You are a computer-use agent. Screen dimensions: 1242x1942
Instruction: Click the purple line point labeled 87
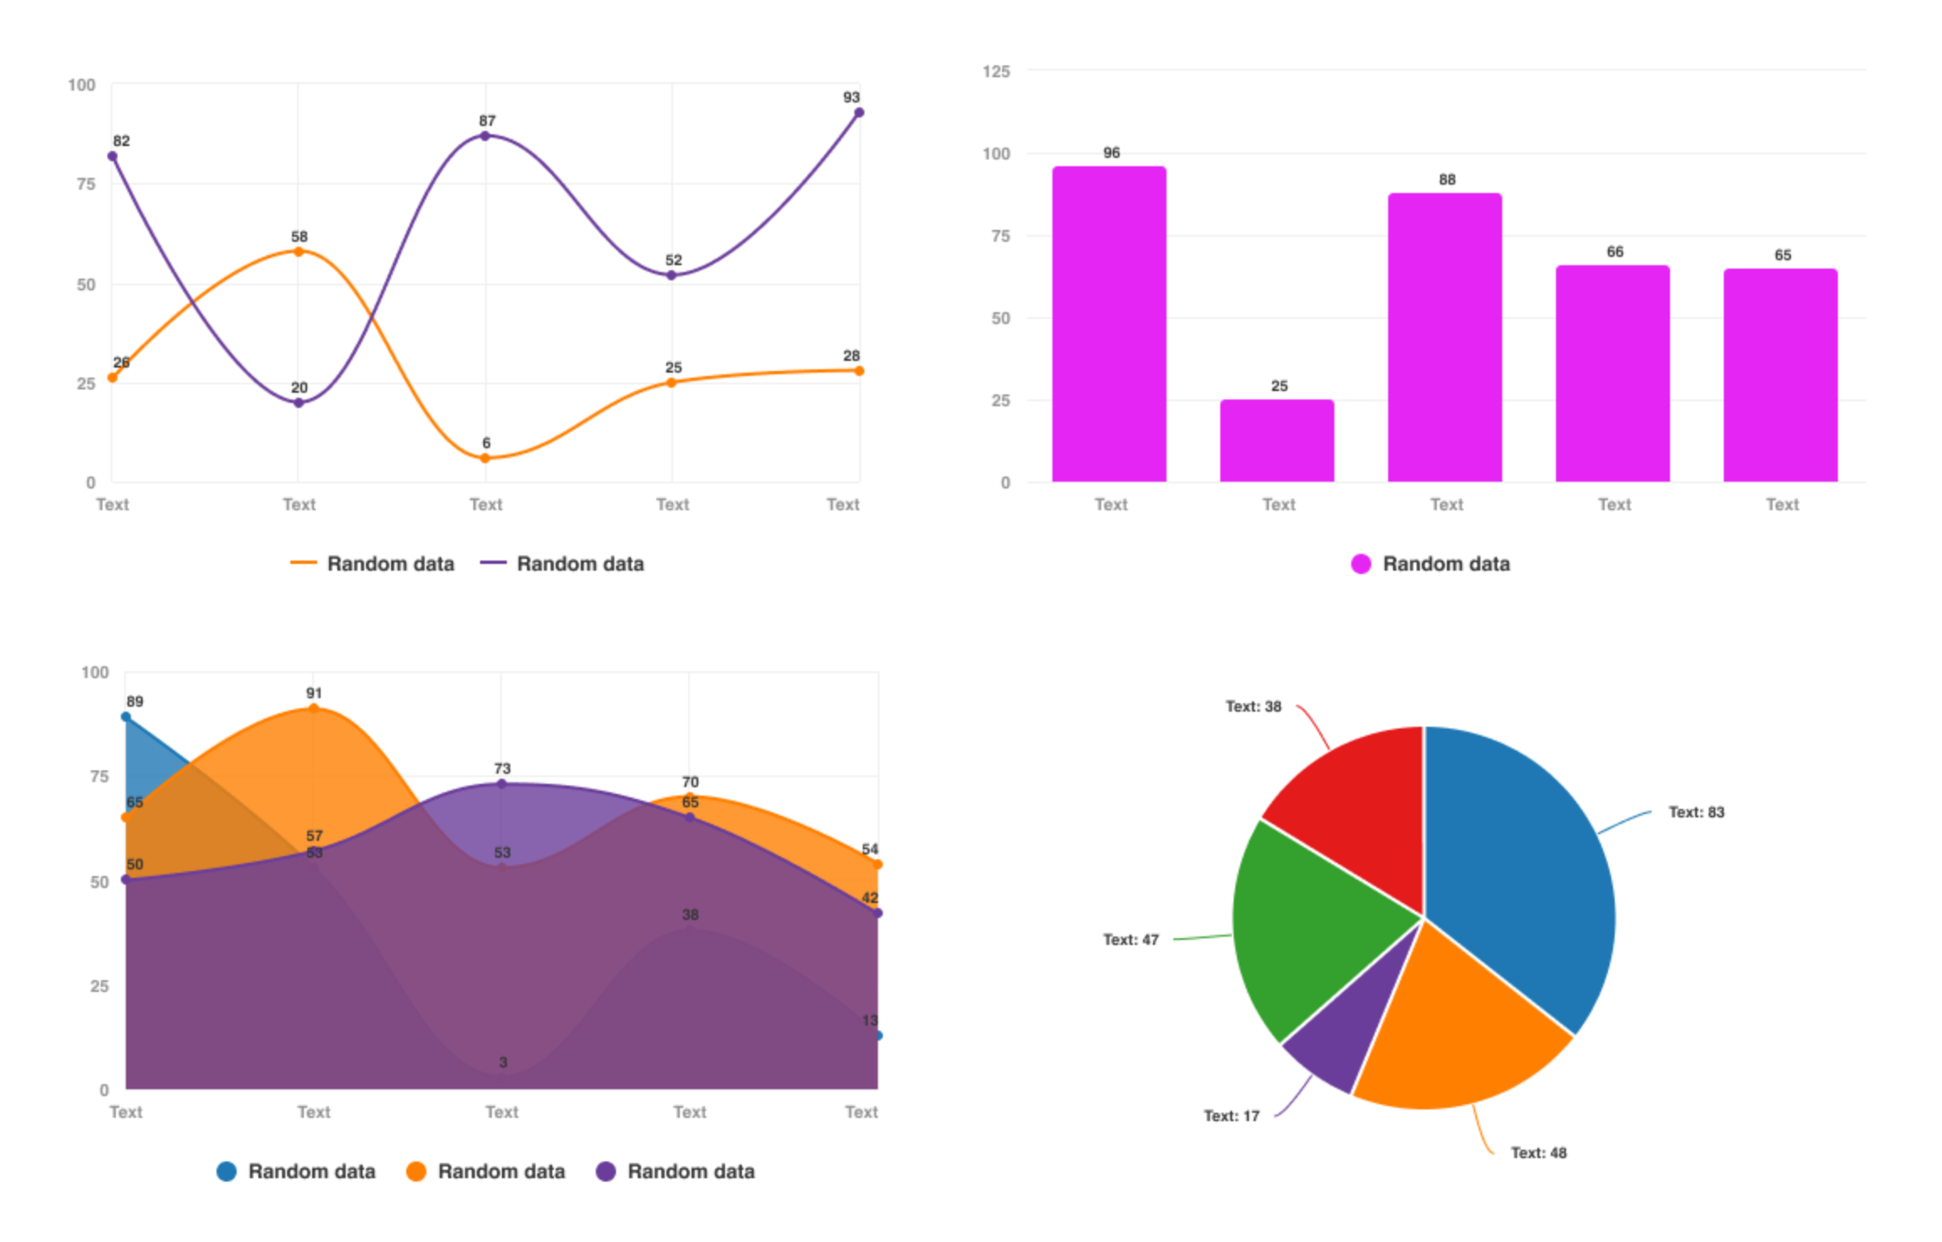pos(485,136)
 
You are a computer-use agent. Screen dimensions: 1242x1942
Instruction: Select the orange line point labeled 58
pos(298,252)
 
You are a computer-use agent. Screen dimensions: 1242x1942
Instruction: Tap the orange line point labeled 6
pos(485,458)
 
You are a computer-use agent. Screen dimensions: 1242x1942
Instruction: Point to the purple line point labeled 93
pos(859,112)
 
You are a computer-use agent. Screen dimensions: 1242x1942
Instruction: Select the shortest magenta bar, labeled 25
pos(1276,441)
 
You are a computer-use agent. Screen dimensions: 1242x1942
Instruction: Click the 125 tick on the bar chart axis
pos(996,71)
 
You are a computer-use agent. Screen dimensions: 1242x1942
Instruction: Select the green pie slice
pos(1309,931)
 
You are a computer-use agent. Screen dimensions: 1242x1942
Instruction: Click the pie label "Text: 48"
pos(1538,1153)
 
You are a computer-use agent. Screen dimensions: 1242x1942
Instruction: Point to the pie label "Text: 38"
pos(1253,707)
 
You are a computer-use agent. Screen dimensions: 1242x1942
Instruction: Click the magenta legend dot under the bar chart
pos(1360,564)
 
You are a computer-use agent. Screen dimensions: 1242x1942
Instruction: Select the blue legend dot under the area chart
pos(227,1172)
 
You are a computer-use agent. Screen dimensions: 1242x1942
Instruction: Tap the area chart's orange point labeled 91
pos(314,708)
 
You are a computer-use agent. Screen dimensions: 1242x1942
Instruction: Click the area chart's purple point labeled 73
pos(502,784)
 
